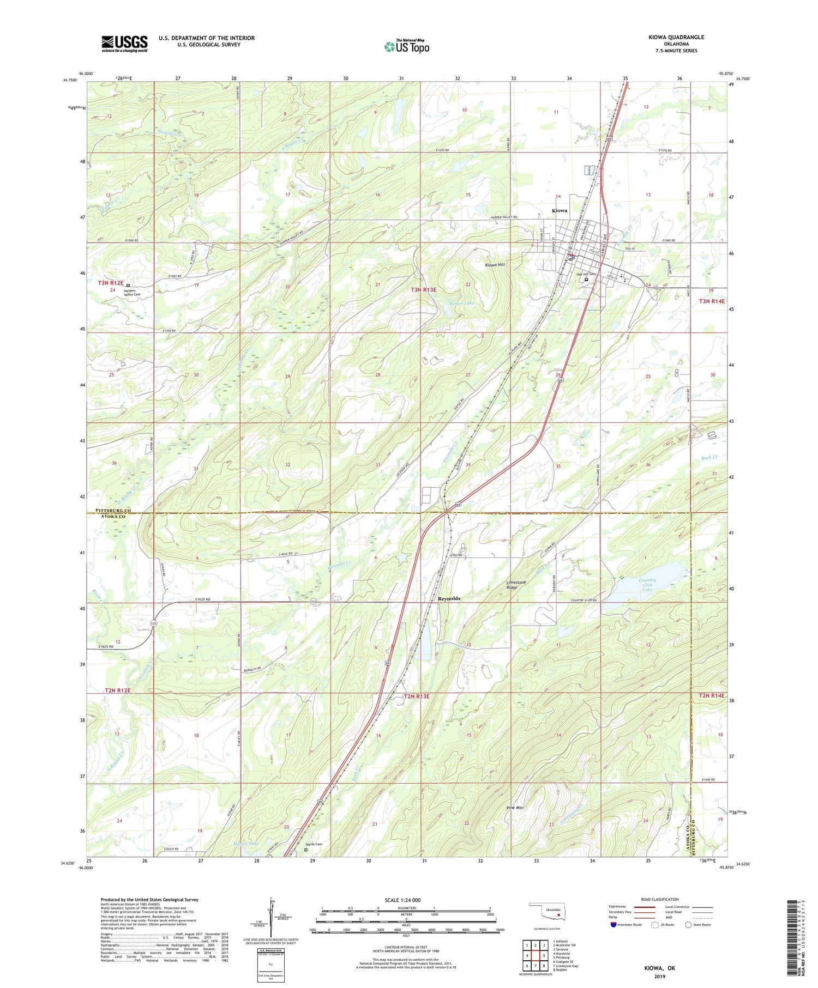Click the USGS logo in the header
124,44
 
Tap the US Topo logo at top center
406,46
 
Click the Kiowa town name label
560,210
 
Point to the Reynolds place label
449,598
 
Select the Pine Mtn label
515,808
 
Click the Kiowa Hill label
495,265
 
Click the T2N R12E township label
118,690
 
